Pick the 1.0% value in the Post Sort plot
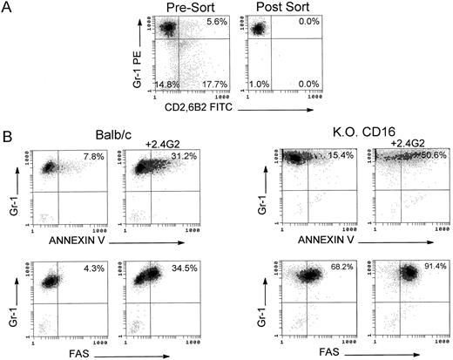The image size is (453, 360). [x=256, y=84]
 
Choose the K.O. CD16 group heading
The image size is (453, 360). [x=339, y=136]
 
